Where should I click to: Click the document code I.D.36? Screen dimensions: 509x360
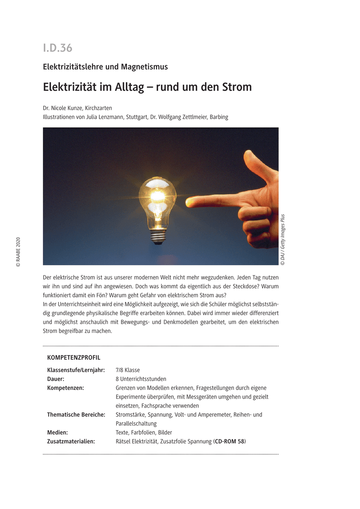click(58, 48)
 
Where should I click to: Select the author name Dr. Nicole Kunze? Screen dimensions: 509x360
click(62, 108)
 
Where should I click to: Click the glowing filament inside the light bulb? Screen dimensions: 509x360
click(157, 196)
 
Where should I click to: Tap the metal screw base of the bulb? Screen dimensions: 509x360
click(158, 237)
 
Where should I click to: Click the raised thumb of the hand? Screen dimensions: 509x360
click(255, 160)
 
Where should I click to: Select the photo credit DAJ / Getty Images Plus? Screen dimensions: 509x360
click(283, 240)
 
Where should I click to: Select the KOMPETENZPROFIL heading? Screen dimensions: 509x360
click(74, 358)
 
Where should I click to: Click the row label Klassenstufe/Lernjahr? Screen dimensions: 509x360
click(76, 370)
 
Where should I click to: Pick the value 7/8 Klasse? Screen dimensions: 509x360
click(128, 370)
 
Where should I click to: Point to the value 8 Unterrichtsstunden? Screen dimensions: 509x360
click(141, 379)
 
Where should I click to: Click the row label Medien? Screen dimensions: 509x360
click(58, 432)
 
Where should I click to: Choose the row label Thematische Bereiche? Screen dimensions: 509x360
click(76, 414)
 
